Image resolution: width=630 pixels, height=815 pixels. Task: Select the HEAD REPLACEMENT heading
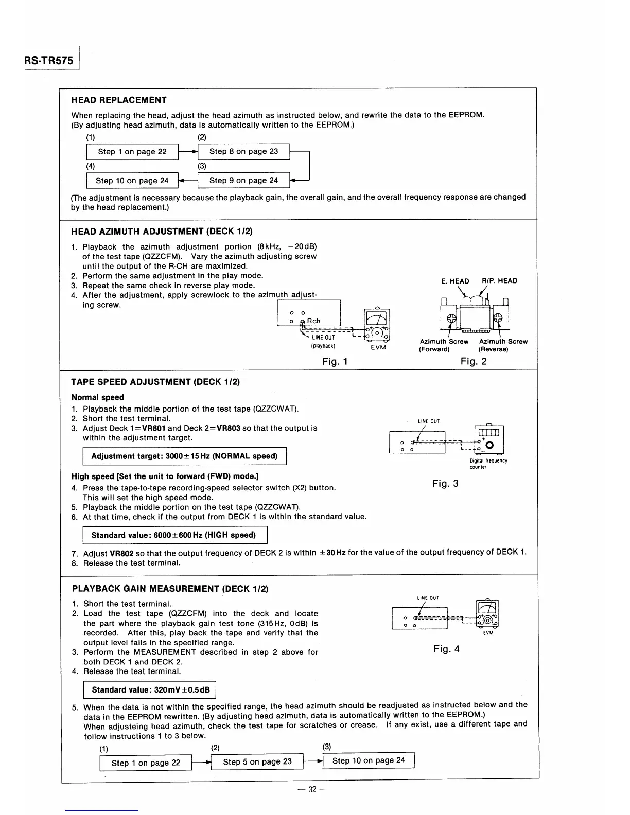(x=118, y=100)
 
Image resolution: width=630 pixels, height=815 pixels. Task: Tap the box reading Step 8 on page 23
(x=243, y=151)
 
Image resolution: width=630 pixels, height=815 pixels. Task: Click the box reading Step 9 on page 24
(x=243, y=180)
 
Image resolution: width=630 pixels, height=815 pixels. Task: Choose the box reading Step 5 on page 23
(x=257, y=762)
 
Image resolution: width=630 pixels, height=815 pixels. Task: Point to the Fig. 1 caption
(x=335, y=361)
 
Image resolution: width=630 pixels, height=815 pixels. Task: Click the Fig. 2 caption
(x=474, y=361)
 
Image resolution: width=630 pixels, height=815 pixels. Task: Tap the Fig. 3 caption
(x=445, y=483)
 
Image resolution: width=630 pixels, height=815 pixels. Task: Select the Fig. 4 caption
(x=446, y=649)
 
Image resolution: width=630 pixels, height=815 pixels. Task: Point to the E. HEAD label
(x=455, y=281)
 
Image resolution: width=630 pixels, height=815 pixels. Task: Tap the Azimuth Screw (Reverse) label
(x=503, y=345)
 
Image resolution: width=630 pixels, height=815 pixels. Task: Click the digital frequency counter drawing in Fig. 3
(x=488, y=438)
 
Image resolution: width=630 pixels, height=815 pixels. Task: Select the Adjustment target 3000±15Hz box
(x=184, y=456)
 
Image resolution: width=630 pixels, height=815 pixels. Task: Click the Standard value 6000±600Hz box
(x=174, y=535)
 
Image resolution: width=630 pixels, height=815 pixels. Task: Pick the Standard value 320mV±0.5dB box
(x=150, y=690)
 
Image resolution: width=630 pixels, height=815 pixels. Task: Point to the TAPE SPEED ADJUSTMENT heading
(x=155, y=382)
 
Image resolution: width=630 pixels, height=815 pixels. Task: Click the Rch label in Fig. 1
(x=313, y=321)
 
